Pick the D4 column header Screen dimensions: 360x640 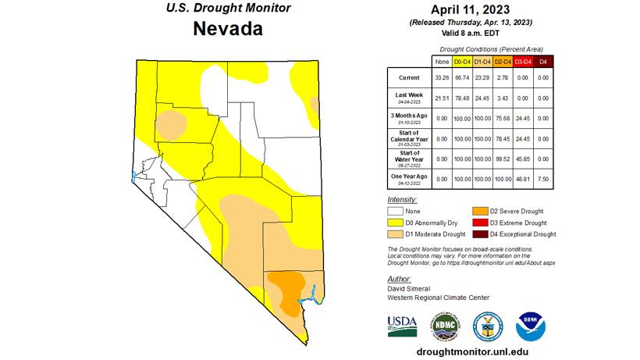pos(543,61)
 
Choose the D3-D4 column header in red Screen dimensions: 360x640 pos(523,61)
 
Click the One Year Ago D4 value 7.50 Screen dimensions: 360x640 pos(543,180)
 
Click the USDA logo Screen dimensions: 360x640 pos(402,324)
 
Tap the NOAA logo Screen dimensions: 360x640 pos(532,324)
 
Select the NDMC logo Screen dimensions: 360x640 pos(444,324)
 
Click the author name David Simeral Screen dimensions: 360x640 pos(410,289)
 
